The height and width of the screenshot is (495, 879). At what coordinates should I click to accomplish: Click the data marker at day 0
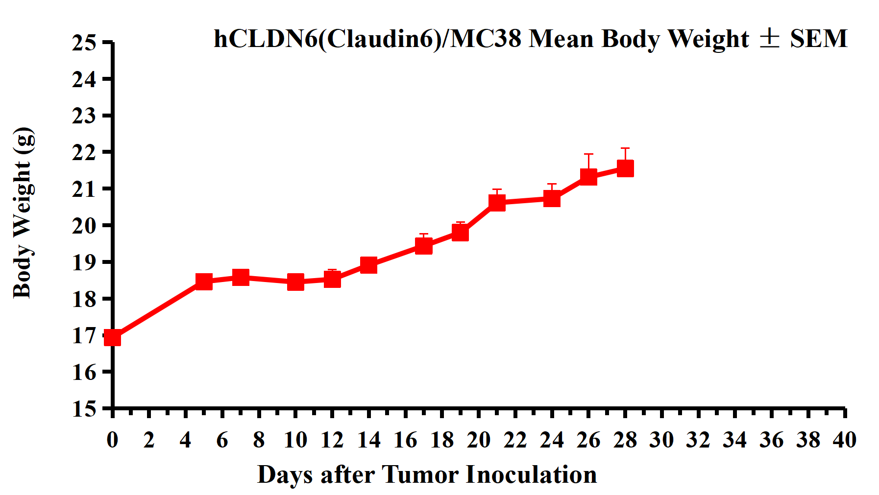(113, 338)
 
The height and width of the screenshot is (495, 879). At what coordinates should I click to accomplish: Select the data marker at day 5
(204, 282)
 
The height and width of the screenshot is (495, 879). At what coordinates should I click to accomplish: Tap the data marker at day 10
(295, 282)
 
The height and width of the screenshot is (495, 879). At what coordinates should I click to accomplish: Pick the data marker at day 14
(368, 265)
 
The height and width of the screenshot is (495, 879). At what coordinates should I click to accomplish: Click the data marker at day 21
(497, 202)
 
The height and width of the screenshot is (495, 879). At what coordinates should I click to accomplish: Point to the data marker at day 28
(625, 169)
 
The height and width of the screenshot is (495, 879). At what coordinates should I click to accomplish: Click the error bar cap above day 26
(588, 154)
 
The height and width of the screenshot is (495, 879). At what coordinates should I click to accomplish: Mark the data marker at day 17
(424, 245)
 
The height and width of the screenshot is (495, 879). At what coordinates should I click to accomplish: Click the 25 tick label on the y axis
(84, 43)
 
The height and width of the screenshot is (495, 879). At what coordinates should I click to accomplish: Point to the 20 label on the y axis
(84, 226)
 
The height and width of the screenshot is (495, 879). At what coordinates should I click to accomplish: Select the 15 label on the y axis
(84, 409)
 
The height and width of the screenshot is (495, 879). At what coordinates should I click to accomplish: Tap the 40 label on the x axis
(845, 440)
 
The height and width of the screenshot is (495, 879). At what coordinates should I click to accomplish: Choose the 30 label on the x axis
(661, 440)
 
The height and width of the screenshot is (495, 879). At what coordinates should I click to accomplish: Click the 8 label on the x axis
(259, 440)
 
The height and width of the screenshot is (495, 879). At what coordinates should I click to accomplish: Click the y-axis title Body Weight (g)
(23, 213)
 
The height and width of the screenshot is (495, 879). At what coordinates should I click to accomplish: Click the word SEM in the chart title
(819, 39)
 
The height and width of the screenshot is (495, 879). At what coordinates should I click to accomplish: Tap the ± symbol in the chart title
(769, 39)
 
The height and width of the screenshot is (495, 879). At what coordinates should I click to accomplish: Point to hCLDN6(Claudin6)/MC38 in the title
(367, 39)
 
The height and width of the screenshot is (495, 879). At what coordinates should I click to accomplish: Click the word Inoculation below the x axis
(531, 474)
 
